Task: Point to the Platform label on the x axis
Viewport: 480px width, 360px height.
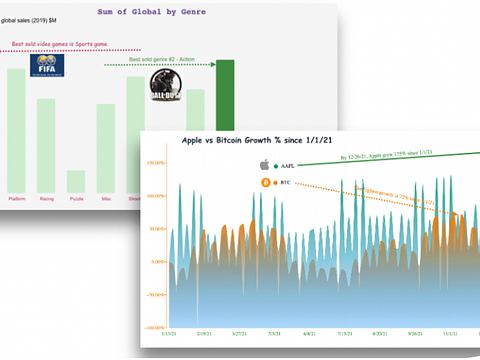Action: pyautogui.click(x=17, y=199)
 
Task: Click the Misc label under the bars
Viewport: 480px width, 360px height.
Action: pyautogui.click(x=105, y=199)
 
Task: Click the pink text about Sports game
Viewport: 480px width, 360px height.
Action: pyautogui.click(x=58, y=44)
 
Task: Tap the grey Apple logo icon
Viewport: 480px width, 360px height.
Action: pyautogui.click(x=265, y=164)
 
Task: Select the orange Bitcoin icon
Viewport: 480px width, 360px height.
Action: pyautogui.click(x=265, y=183)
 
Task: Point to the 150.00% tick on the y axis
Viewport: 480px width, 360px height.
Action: pyautogui.click(x=154, y=162)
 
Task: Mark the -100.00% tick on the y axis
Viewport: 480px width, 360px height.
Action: pyautogui.click(x=154, y=327)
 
